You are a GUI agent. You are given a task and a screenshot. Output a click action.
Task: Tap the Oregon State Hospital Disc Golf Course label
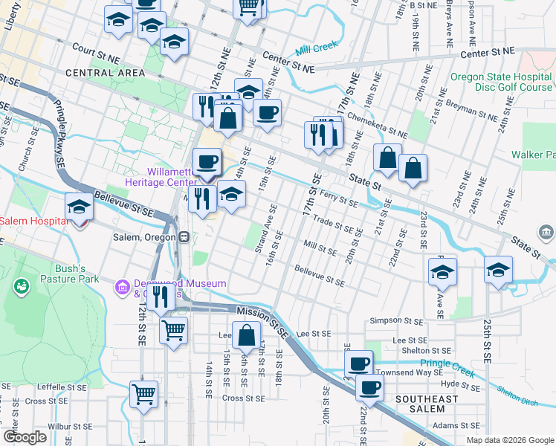point(501,82)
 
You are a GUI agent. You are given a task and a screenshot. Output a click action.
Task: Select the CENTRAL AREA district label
point(105,73)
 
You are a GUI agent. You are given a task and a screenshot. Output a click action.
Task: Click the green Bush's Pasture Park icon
point(20,285)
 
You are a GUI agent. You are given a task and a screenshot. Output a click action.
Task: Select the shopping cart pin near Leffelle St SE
point(143,394)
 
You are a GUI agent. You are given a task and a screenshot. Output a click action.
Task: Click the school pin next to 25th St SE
point(498,271)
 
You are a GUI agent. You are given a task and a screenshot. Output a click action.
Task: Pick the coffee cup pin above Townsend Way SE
point(358,363)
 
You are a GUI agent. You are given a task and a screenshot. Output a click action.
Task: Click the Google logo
point(25,437)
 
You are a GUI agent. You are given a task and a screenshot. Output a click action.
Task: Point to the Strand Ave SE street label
point(265,229)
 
